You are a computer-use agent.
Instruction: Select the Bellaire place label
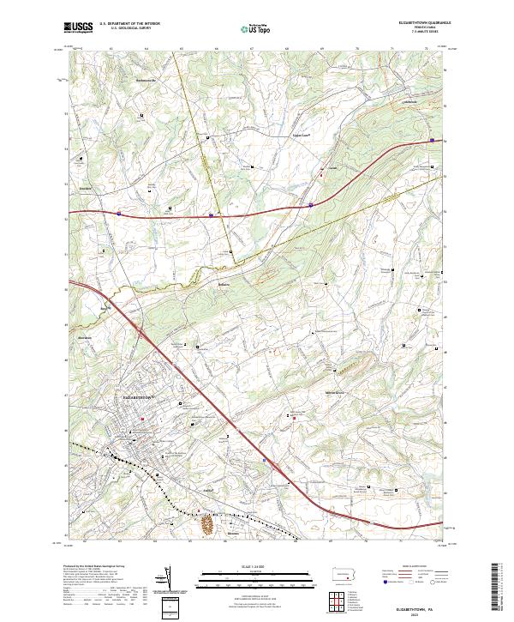click(225, 281)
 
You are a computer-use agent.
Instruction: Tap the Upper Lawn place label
click(300, 135)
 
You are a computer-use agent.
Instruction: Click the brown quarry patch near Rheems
click(206, 521)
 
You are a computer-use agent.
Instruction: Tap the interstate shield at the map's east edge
click(433, 140)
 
